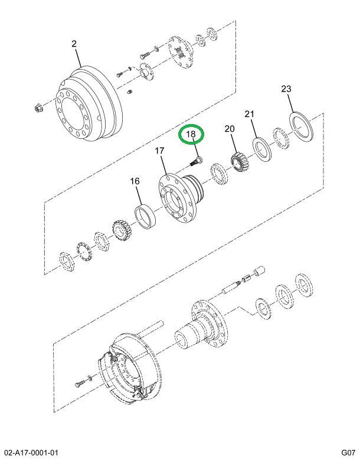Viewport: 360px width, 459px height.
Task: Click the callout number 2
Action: pyautogui.click(x=74, y=44)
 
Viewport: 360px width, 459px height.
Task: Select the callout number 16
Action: pyautogui.click(x=135, y=181)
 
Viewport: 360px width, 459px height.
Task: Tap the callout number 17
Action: pyautogui.click(x=159, y=152)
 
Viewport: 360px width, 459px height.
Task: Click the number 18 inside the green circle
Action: pyautogui.click(x=191, y=135)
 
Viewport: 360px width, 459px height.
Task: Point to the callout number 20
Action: pyautogui.click(x=229, y=129)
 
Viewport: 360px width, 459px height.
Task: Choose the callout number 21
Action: pyautogui.click(x=250, y=114)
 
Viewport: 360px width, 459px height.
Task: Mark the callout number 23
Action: pyautogui.click(x=286, y=90)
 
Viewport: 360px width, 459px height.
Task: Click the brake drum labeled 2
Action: pyautogui.click(x=89, y=103)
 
